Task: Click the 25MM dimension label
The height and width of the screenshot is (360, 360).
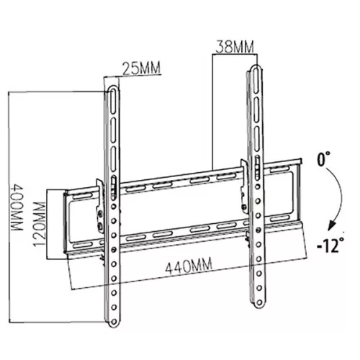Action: [x=140, y=70]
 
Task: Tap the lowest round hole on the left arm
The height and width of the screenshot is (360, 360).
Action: [x=116, y=309]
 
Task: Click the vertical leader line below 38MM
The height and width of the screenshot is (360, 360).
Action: [x=213, y=108]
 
